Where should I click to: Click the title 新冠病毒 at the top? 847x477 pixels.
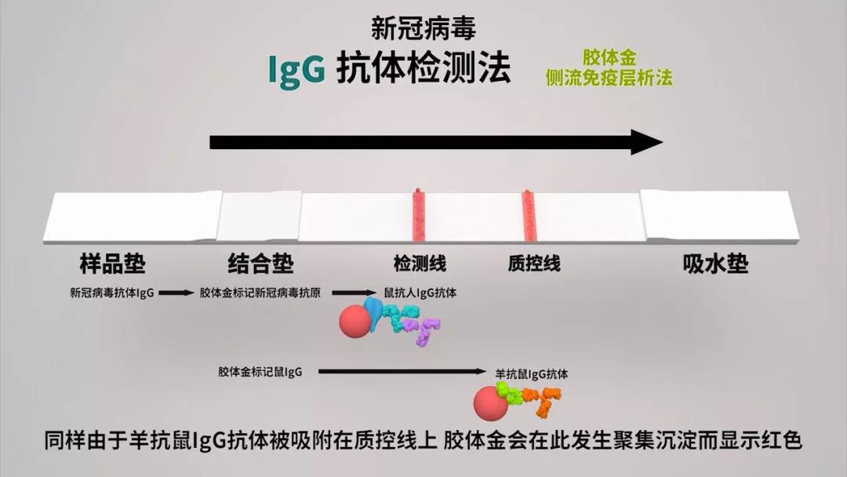coord(423,28)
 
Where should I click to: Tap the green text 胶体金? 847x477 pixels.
coord(609,57)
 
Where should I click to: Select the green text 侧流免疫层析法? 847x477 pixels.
coord(609,78)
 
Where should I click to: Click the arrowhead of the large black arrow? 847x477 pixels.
coord(647,142)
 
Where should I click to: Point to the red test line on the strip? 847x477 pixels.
coord(419,216)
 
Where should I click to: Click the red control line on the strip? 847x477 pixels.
coord(529,216)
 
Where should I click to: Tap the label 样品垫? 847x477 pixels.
coord(112,264)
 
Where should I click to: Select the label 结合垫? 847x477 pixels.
coord(260,264)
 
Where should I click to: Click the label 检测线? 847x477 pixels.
coord(420,264)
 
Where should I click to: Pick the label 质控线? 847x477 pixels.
coord(534,264)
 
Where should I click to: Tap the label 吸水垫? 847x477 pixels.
coord(716,264)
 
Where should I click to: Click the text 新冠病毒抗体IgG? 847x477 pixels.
coord(112,293)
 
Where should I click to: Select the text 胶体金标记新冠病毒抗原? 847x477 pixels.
coord(260,293)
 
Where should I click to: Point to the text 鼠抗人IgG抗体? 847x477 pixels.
coord(420,293)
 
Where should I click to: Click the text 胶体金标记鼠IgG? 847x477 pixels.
coord(260,372)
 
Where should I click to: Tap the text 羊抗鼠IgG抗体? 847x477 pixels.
coord(532,373)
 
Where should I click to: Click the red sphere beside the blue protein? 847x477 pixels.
coord(355,322)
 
